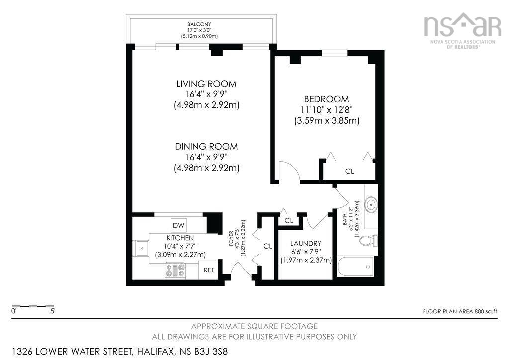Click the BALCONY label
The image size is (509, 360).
(199, 24)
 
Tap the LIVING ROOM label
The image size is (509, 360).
(206, 84)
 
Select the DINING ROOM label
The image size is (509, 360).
(206, 147)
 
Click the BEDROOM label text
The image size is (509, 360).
(327, 99)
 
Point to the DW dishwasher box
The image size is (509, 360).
(178, 225)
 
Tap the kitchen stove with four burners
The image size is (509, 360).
(175, 270)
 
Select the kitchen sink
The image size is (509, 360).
(141, 247)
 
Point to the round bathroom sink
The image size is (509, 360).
(371, 204)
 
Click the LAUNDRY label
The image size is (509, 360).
(306, 243)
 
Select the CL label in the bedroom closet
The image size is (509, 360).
(349, 171)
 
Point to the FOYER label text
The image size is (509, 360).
(231, 239)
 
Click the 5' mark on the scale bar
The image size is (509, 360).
(52, 311)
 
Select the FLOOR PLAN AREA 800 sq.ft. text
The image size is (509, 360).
(460, 311)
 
